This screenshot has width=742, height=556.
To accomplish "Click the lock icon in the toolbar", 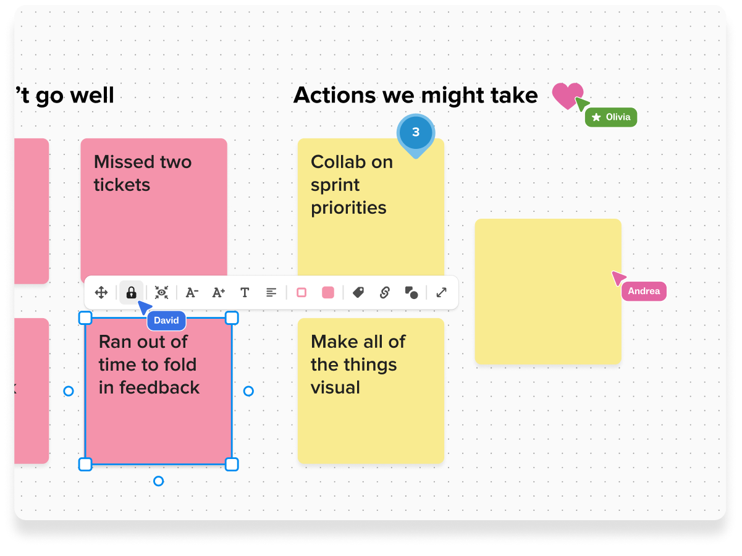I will coord(131,293).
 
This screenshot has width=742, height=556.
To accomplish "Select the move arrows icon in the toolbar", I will coord(101,293).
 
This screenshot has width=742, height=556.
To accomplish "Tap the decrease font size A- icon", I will coord(192,293).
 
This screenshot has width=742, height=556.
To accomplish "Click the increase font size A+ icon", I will coord(219,293).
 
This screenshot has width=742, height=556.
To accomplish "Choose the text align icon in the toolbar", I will coord(271,293).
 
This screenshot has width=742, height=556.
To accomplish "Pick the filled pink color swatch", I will coord(328,293).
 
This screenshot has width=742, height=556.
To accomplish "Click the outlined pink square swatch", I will coord(301,293).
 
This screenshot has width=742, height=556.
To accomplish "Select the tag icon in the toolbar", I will coord(358,293).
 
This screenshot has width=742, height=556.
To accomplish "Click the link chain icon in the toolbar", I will coord(384,293).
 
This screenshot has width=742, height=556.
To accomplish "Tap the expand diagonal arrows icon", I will coord(441,293).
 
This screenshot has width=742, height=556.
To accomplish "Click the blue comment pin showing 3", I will coord(416,133).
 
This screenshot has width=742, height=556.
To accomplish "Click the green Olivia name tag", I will coord(611,117).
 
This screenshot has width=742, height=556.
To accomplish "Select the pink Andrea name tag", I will coord(644,292).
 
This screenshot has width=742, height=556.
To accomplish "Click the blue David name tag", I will coord(166,321).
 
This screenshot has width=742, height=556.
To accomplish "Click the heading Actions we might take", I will coord(415,95).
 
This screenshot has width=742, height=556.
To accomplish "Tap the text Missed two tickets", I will coord(143,174).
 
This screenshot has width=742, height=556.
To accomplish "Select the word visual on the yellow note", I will coord(335,388).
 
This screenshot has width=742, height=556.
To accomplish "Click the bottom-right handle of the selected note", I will coord(232,465).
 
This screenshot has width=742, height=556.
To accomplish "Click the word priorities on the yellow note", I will coord(348,208).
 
